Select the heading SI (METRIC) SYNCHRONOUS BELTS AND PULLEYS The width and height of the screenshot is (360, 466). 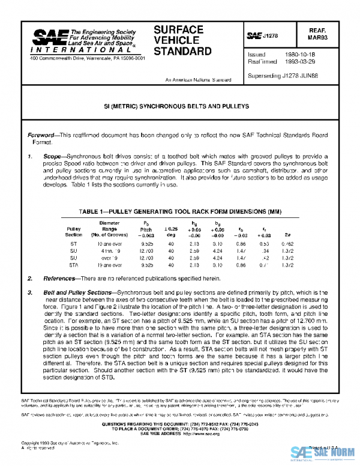click(x=179, y=106)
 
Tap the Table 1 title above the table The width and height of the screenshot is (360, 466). click(x=179, y=212)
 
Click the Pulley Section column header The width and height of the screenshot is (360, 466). click(x=73, y=232)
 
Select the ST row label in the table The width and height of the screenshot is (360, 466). click(x=73, y=244)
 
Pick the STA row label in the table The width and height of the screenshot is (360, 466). click(x=73, y=264)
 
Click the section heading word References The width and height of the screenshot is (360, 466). click(x=62, y=279)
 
